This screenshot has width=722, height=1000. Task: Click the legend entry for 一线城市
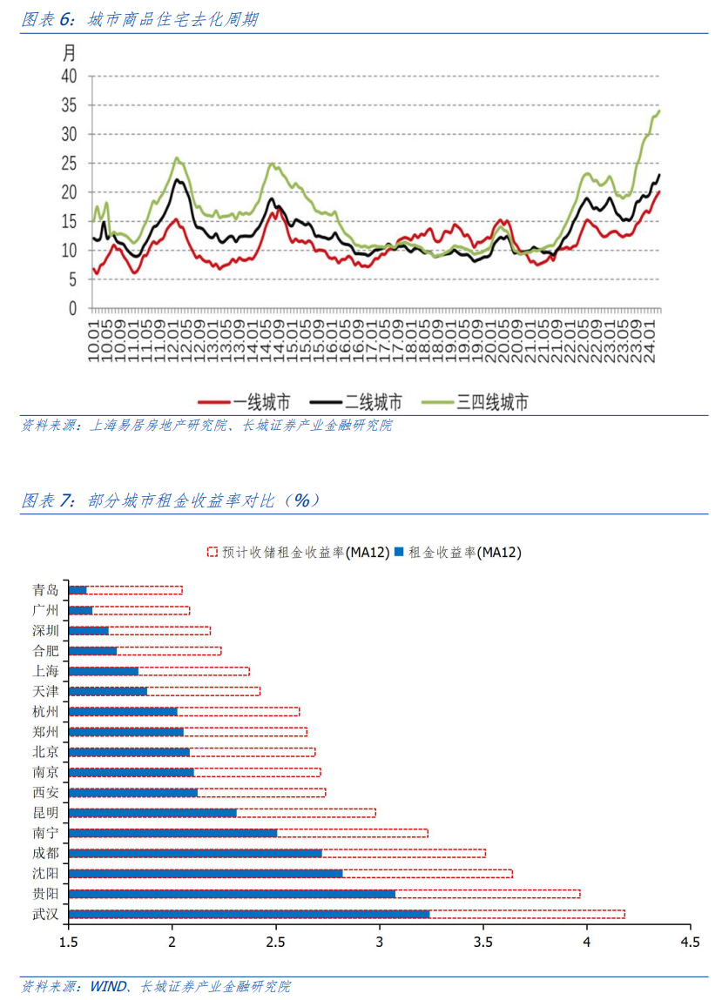tap(244, 402)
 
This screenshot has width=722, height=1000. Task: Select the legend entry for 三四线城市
tap(475, 402)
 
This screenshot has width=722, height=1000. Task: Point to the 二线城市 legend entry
tap(355, 402)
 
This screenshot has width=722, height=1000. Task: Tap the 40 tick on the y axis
tap(69, 77)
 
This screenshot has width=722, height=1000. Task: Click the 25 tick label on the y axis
tap(69, 164)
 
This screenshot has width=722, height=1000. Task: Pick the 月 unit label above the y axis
tap(69, 53)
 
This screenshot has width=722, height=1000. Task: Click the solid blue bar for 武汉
tap(249, 914)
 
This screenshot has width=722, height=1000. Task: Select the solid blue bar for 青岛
tap(78, 590)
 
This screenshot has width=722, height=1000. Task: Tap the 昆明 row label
tap(45, 813)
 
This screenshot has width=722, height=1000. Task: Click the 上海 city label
tap(45, 671)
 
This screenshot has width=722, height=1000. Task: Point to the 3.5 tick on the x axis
tap(483, 942)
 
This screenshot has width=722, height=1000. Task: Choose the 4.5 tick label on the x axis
tap(691, 942)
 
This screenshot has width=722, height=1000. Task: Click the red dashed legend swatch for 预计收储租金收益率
tap(213, 552)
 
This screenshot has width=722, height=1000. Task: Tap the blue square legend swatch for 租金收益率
tap(400, 552)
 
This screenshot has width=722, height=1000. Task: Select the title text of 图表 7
tap(170, 500)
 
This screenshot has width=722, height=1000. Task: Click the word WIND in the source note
tap(108, 986)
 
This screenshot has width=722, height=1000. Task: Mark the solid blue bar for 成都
tap(195, 853)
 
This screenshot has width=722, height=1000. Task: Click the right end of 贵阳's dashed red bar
tap(580, 894)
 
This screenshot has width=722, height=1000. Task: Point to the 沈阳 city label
tap(45, 873)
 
